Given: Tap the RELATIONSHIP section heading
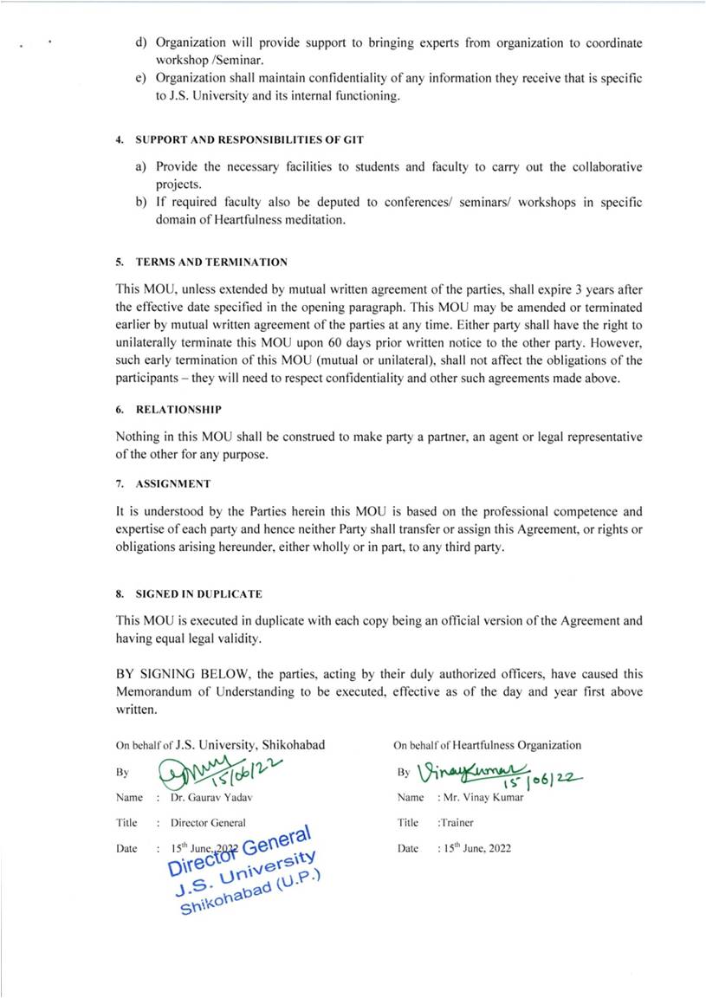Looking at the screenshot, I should point(178,408).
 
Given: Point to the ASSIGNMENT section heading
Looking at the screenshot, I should point(172,483).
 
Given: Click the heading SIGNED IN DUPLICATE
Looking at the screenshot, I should point(198,594).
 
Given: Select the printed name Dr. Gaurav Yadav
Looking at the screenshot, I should point(213,797).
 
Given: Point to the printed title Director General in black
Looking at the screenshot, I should point(208,823).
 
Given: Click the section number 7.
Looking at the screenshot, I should point(120,483).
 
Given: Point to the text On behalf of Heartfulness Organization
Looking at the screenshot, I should point(488,745).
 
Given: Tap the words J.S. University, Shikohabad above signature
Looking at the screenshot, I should point(250,744).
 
